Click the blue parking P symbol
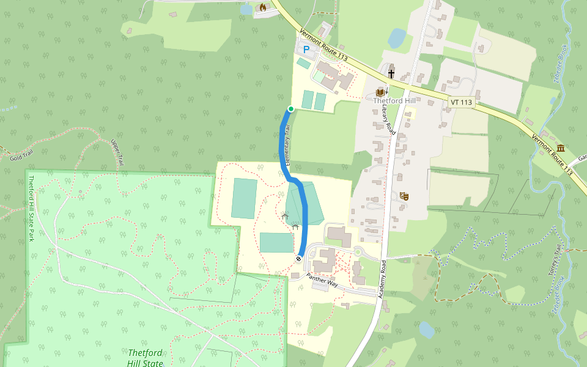click(x=306, y=48)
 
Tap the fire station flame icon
click(x=262, y=7)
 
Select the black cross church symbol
click(x=391, y=74)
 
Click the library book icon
click(x=380, y=92)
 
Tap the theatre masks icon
click(x=404, y=196)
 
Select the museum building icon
click(x=561, y=148)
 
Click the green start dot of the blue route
click(x=291, y=109)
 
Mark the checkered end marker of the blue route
click(x=299, y=259)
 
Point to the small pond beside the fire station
click(x=246, y=9)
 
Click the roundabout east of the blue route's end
click(x=358, y=251)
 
